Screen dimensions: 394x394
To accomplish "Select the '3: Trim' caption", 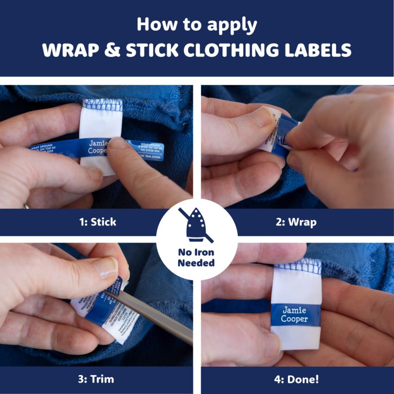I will click(96, 380).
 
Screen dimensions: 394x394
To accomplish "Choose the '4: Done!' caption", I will click(297, 380).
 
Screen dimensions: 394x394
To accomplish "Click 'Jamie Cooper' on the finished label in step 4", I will click(294, 315).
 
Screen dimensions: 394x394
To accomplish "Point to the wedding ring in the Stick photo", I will click(26, 205).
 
